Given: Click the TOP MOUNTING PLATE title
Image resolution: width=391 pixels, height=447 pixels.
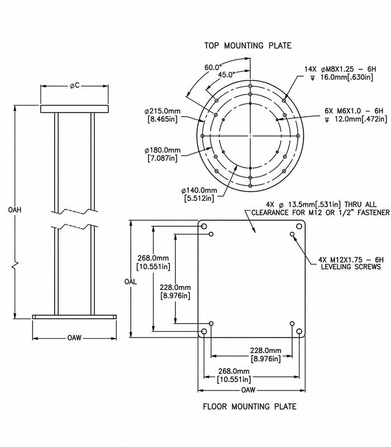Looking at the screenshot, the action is pyautogui.click(x=247, y=46).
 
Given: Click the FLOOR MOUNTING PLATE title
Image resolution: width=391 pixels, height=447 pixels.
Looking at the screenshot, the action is pyautogui.click(x=250, y=406).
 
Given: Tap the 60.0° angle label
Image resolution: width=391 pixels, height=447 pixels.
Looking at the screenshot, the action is pyautogui.click(x=213, y=68).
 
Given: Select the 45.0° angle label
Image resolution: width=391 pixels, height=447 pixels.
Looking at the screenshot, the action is pyautogui.click(x=227, y=75).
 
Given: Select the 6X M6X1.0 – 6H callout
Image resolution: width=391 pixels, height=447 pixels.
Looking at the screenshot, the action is pyautogui.click(x=354, y=111).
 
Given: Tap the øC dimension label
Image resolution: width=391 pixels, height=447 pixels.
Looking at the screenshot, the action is pyautogui.click(x=75, y=85).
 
